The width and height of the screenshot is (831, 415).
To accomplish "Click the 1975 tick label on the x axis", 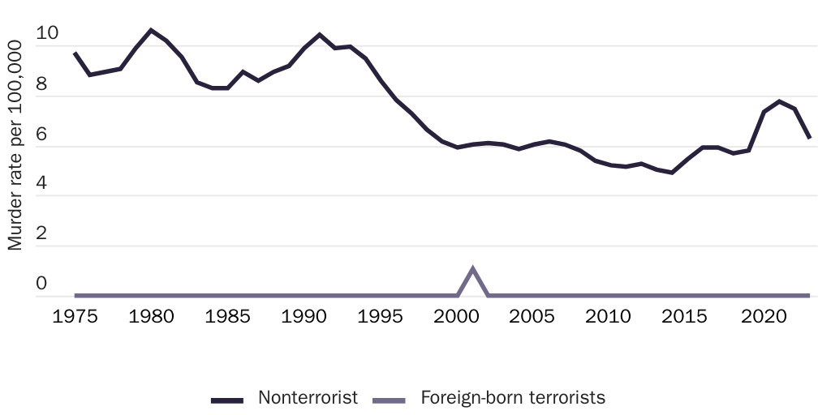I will click(x=75, y=315).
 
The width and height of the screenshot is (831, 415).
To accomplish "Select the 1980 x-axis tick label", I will click(x=151, y=315).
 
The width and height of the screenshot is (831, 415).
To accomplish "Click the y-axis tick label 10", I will click(x=47, y=34).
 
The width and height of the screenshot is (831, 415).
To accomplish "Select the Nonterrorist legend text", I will click(x=308, y=398).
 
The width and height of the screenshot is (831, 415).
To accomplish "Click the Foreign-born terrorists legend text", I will click(x=513, y=398).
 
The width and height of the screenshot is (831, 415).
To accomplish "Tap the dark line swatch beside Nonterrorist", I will click(x=227, y=400).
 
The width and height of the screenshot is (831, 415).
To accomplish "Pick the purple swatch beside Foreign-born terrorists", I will click(x=389, y=400).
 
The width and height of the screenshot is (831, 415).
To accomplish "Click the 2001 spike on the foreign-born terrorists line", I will click(x=472, y=268).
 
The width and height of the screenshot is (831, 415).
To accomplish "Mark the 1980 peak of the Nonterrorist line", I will click(x=151, y=30).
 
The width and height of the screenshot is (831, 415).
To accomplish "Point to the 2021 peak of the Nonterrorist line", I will click(x=779, y=101).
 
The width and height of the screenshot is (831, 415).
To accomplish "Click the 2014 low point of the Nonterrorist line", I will click(x=672, y=173).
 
